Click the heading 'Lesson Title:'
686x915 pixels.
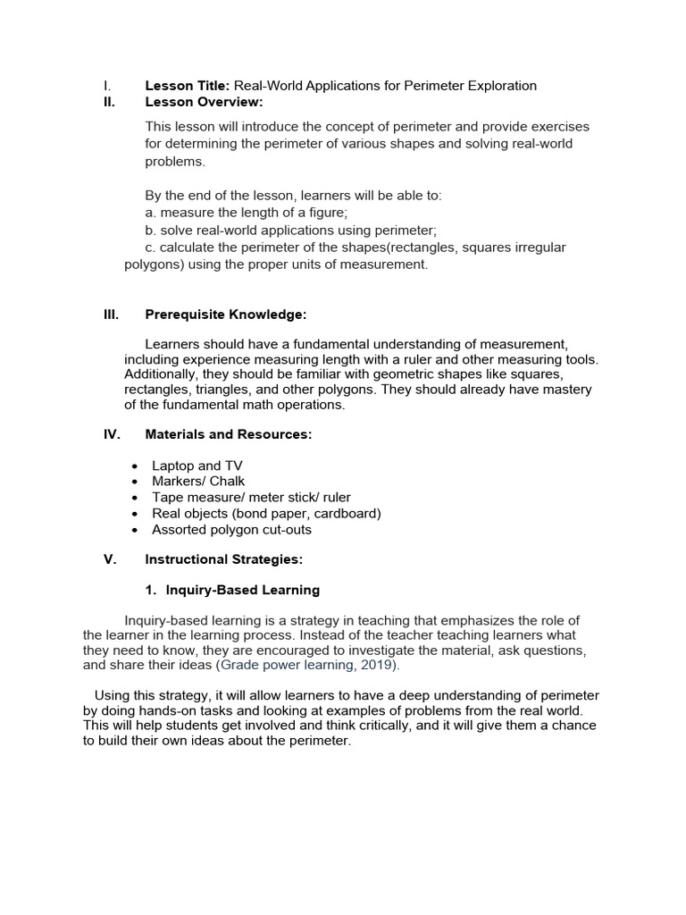(x=188, y=86)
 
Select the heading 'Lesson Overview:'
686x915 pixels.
(x=199, y=102)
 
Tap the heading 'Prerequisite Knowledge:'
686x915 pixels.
(x=225, y=314)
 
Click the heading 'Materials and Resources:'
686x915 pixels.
(x=229, y=434)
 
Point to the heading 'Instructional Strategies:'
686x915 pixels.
(x=224, y=559)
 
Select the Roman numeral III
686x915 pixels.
(x=111, y=314)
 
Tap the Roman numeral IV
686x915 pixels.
(x=112, y=434)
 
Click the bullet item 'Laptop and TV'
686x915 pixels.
(x=197, y=466)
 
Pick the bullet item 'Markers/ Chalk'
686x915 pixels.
(x=198, y=481)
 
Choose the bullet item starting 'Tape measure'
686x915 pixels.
(x=251, y=497)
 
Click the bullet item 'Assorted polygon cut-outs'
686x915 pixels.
(x=231, y=529)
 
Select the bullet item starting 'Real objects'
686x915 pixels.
(x=266, y=513)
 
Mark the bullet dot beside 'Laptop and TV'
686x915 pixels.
(x=134, y=466)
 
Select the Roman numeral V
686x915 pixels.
(x=110, y=559)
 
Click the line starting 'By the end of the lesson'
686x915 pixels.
(x=293, y=195)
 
